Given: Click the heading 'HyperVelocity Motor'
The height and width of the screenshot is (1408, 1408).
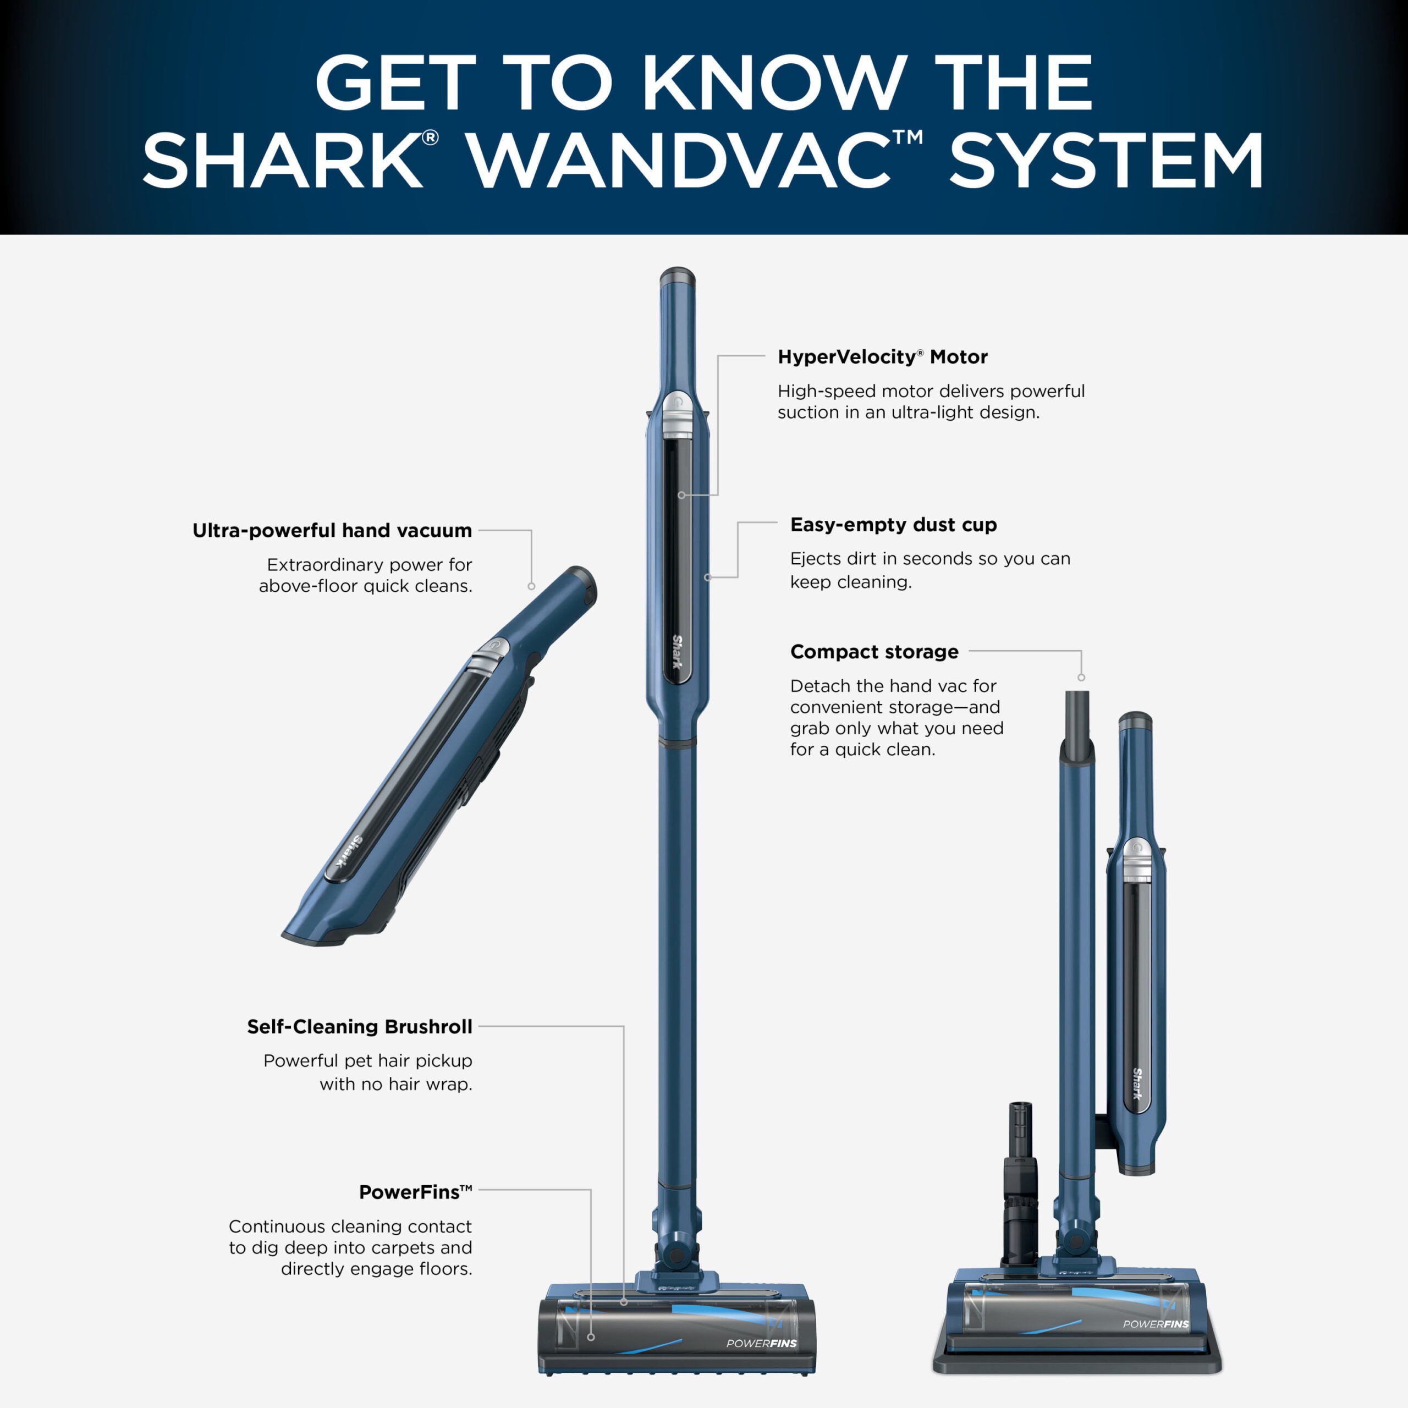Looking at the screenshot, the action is tap(883, 357).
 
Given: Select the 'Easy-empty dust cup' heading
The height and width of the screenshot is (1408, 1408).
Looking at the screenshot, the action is tap(894, 525).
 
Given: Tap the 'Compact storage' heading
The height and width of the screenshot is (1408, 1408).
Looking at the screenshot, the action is tap(875, 652).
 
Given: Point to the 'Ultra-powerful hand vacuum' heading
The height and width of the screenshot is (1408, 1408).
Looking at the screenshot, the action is tap(332, 531).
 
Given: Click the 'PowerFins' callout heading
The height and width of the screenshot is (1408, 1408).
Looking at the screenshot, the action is tap(415, 1192).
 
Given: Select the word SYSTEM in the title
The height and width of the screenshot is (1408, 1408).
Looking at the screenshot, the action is tap(1106, 161).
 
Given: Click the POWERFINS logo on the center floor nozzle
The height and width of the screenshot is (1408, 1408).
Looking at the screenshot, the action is tap(762, 1343).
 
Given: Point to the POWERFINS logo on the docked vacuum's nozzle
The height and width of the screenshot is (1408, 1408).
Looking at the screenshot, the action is tap(1156, 1324).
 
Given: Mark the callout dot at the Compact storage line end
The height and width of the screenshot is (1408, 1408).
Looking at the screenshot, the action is tap(1081, 678).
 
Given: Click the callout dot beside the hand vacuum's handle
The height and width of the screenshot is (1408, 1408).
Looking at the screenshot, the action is tap(531, 586).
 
